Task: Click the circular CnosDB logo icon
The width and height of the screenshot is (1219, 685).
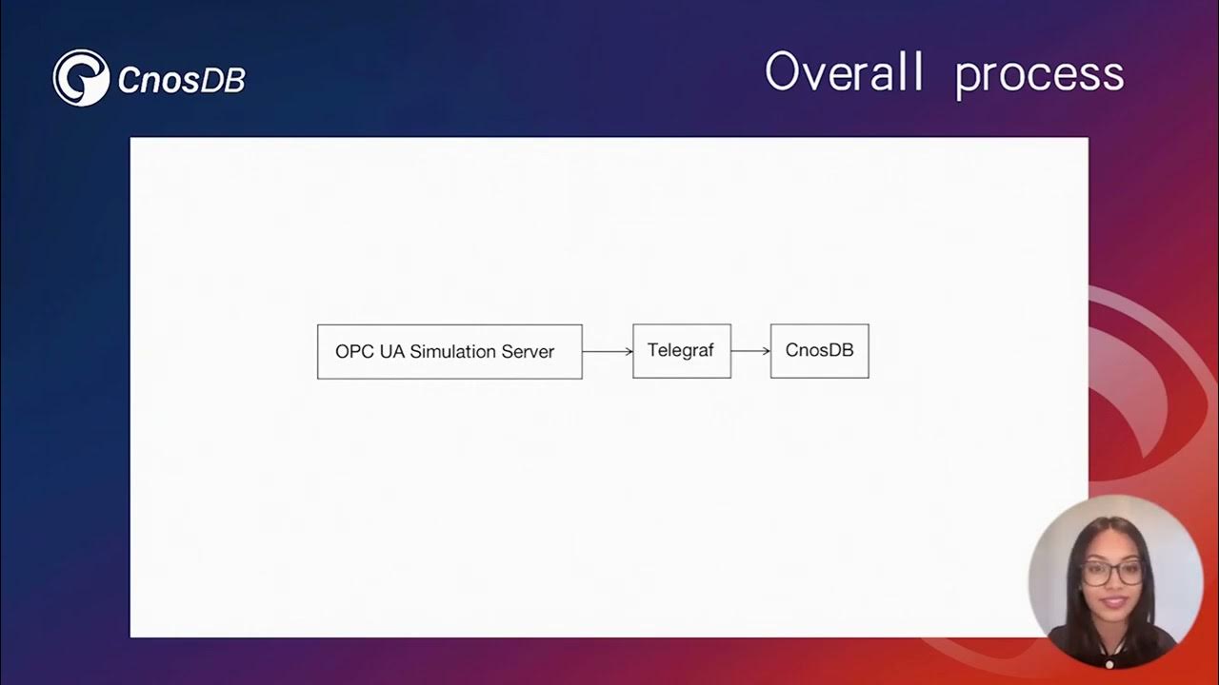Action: coord(81,78)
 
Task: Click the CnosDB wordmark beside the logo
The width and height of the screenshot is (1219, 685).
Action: coord(182,80)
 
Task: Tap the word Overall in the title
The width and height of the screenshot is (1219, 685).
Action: coord(844,71)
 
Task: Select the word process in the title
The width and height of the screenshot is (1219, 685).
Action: coord(1039,77)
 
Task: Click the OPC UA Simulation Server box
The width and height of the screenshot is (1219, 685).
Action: coord(450,352)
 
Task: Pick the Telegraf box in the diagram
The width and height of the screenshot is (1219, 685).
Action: coord(682,351)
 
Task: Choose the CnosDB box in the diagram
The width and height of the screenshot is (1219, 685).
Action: coord(820,351)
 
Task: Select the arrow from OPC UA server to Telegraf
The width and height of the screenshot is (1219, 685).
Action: coord(608,352)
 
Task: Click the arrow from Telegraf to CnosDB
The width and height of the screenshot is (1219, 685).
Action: coord(751,351)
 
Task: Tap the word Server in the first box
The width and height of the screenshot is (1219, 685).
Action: coord(528,352)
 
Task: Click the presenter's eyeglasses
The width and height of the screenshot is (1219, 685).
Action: coord(1112,573)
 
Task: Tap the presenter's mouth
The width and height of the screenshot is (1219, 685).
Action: coord(1113,602)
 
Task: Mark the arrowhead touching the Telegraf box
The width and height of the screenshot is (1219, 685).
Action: coord(629,352)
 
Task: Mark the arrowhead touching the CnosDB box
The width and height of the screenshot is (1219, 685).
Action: coord(768,351)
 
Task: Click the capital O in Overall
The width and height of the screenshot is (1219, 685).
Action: coord(782,71)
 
